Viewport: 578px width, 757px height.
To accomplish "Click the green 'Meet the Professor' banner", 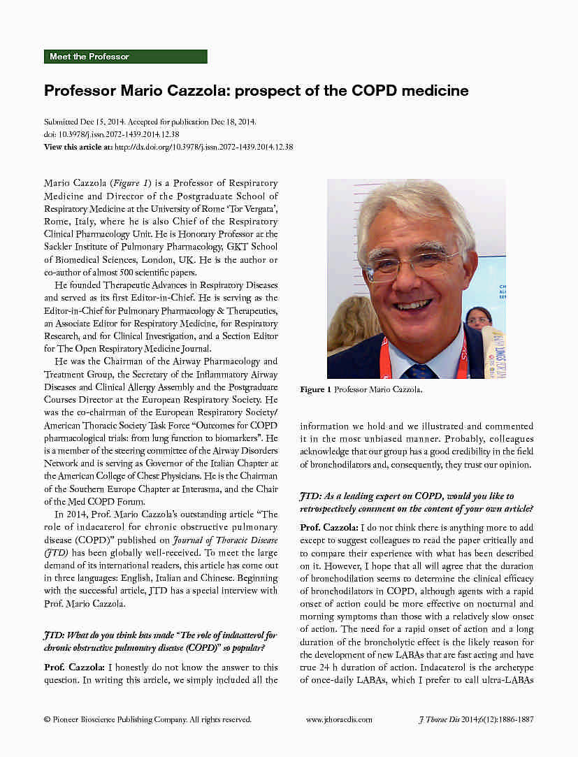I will (x=126, y=57).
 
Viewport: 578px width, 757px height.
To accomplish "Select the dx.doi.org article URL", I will (x=203, y=147).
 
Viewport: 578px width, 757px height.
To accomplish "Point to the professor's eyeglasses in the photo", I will (x=413, y=263).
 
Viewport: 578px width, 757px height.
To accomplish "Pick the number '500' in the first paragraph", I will (x=127, y=272).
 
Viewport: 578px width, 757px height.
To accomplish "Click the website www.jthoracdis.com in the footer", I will (x=339, y=719).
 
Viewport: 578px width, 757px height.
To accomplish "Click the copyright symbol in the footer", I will (x=47, y=719).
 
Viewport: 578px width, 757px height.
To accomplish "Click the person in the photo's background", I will (x=478, y=318).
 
